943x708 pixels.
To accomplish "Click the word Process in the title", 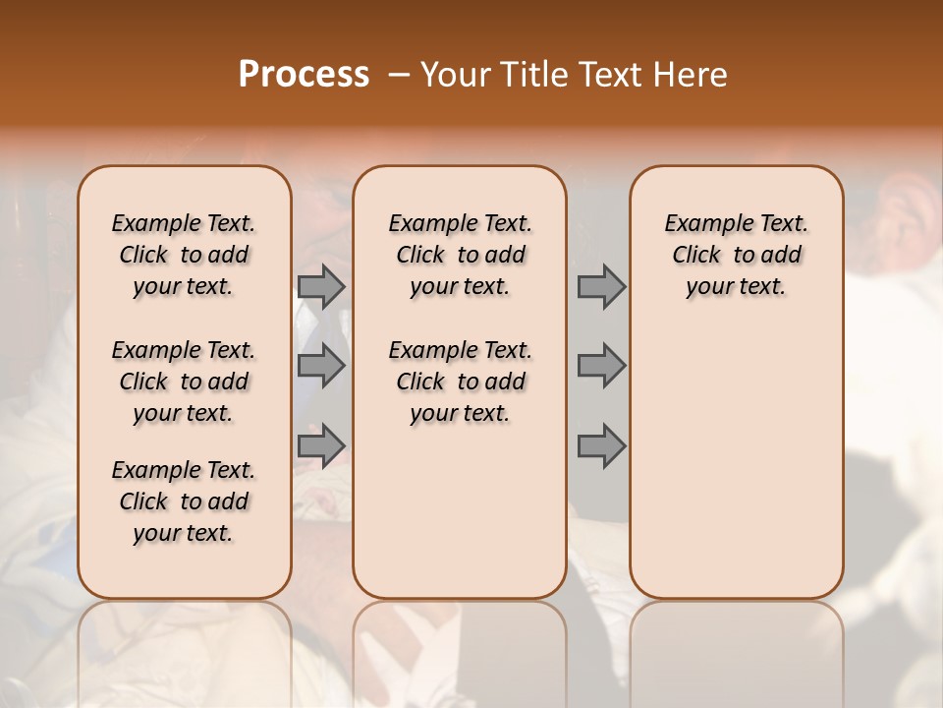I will [x=304, y=75].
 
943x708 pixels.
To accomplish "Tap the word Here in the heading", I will [x=691, y=75].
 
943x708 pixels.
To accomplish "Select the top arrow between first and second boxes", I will [x=321, y=286].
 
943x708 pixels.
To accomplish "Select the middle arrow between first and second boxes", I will [x=321, y=366].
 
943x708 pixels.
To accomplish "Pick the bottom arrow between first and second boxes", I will [x=321, y=446].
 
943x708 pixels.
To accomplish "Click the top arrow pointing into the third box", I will [x=601, y=286].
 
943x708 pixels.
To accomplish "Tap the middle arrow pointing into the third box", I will [x=601, y=366].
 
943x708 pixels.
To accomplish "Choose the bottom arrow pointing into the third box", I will [x=601, y=446].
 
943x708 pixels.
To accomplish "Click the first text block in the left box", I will [x=184, y=255].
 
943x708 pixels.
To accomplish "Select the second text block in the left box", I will [x=184, y=382].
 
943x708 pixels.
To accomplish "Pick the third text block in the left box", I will [x=184, y=501].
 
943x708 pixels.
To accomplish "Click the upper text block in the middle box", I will [x=460, y=255].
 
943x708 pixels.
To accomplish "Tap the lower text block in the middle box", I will [x=460, y=382].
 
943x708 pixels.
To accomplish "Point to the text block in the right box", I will [x=737, y=255].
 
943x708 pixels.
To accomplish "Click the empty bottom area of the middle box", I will [x=460, y=521].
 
